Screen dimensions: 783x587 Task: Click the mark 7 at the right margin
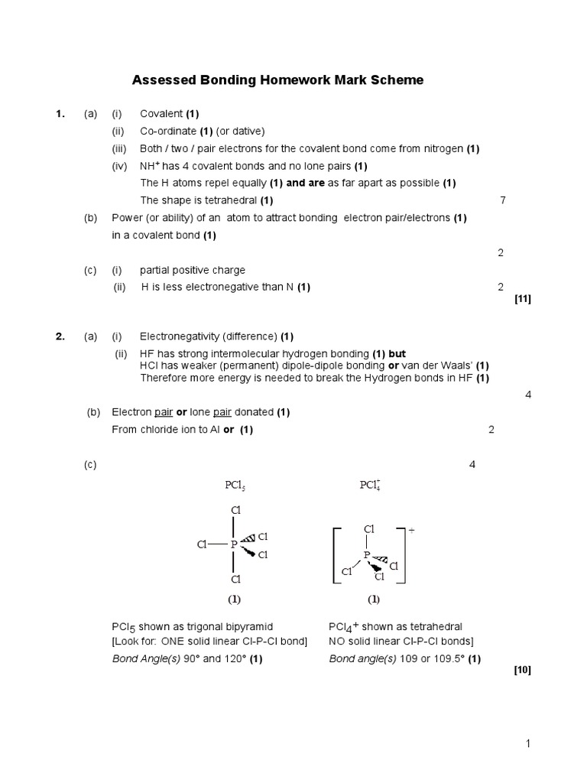[x=502, y=200]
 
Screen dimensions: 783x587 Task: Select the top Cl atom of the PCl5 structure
[x=235, y=510]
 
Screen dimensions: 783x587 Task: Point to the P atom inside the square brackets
[x=366, y=554]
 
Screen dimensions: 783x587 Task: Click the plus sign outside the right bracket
[x=410, y=530]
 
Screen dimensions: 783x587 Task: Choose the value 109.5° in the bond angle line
[x=450, y=658]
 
